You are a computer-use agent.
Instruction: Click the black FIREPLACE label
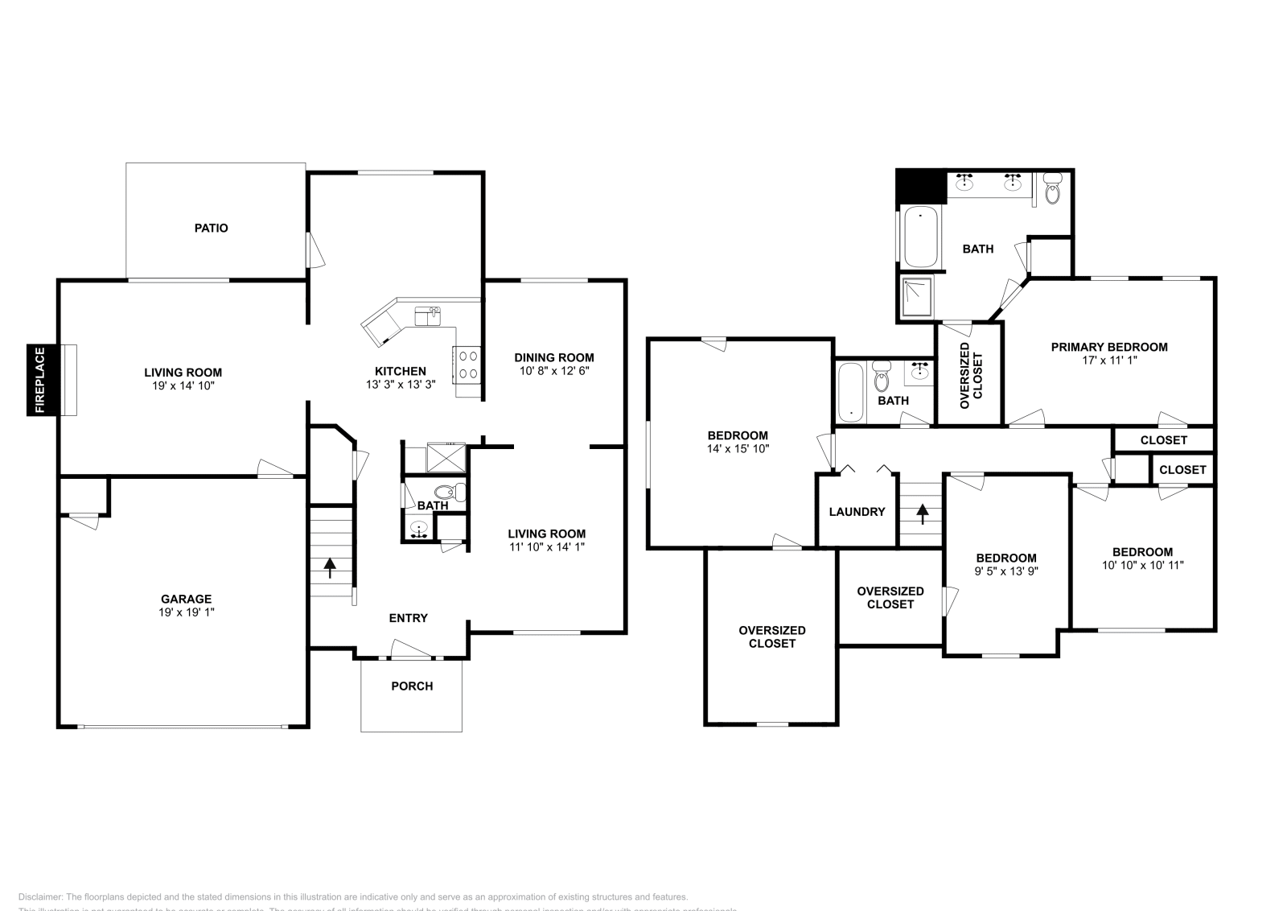pyautogui.click(x=39, y=380)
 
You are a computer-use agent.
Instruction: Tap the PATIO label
pyautogui.click(x=212, y=228)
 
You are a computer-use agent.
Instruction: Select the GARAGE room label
pyautogui.click(x=186, y=599)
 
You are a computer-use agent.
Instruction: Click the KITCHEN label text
pyautogui.click(x=401, y=371)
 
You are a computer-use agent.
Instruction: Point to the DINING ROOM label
pyautogui.click(x=554, y=357)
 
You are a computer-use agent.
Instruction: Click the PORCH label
pyautogui.click(x=412, y=686)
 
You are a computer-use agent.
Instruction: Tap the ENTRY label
pyautogui.click(x=409, y=618)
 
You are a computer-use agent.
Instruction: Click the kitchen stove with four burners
pyautogui.click(x=467, y=365)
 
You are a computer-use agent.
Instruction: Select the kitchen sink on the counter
pyautogui.click(x=427, y=314)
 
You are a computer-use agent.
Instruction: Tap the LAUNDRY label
pyautogui.click(x=857, y=511)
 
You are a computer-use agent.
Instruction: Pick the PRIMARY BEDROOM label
pyautogui.click(x=1109, y=347)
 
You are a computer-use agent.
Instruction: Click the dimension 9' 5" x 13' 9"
pyautogui.click(x=1006, y=571)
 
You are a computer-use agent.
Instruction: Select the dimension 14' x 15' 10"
pyautogui.click(x=738, y=449)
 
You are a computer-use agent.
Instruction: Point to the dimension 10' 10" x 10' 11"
pyautogui.click(x=1142, y=565)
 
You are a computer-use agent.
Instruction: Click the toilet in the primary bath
pyautogui.click(x=1052, y=191)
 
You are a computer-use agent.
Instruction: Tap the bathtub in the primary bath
pyautogui.click(x=921, y=237)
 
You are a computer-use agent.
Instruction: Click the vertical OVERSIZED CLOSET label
pyautogui.click(x=971, y=370)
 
